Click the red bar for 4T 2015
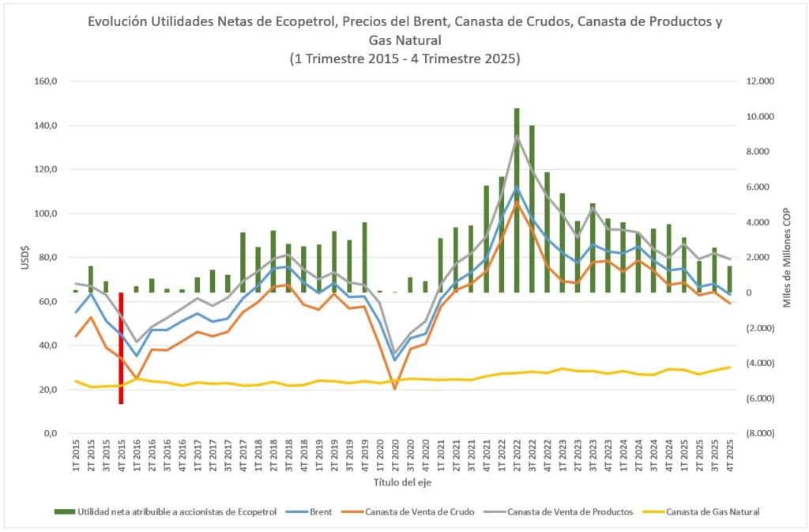[121, 348]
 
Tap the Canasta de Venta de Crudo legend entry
[420, 511]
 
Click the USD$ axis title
[27, 258]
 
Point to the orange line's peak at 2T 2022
[517, 203]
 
